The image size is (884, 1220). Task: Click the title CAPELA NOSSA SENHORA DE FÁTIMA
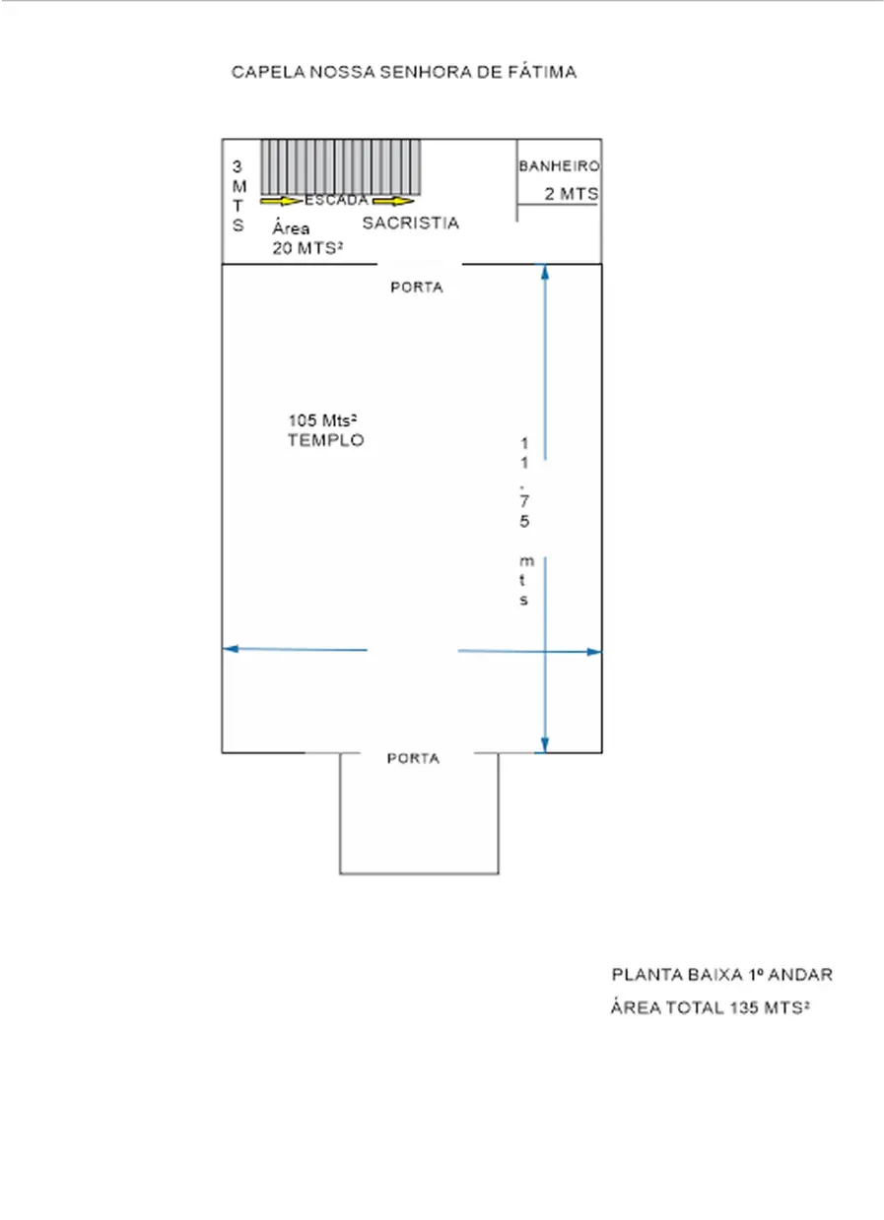(404, 72)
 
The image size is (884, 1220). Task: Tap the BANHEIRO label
(559, 166)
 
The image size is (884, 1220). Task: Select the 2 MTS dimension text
(572, 193)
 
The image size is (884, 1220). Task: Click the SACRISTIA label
(410, 223)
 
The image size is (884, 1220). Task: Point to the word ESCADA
(336, 201)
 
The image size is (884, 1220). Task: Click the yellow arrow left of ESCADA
(281, 202)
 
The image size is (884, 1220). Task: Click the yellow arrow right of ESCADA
(393, 202)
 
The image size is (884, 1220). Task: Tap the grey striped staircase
(340, 167)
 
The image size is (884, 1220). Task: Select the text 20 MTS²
(307, 248)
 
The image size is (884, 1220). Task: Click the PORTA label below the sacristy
(417, 287)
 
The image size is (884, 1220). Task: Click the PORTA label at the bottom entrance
(413, 758)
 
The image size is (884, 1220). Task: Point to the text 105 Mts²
(322, 420)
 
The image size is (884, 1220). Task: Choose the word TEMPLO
(326, 440)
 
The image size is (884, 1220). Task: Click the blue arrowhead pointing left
(231, 649)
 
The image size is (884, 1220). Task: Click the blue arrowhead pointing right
(594, 652)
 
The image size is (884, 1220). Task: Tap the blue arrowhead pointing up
(544, 272)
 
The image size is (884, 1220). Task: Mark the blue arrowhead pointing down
(544, 745)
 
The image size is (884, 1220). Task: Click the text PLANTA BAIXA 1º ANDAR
(722, 975)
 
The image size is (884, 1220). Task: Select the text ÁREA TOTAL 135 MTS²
(710, 1007)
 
